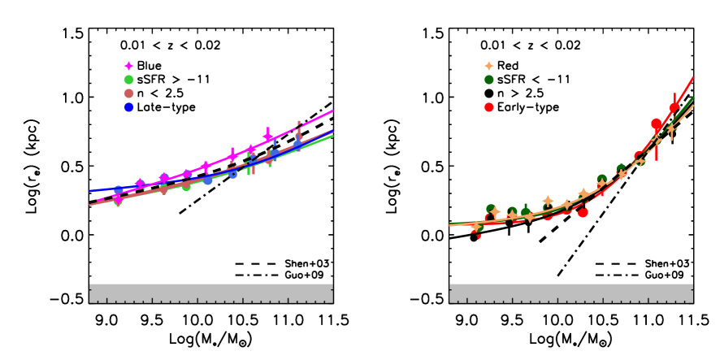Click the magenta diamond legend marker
pyautogui.click(x=128, y=66)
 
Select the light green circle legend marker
pyautogui.click(x=128, y=80)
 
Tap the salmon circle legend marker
pyautogui.click(x=128, y=93)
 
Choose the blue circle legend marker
pyautogui.click(x=128, y=107)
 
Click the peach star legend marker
pyautogui.click(x=488, y=66)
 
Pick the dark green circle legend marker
pyautogui.click(x=488, y=80)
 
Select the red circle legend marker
pyautogui.click(x=488, y=107)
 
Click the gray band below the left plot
pyautogui.click(x=210, y=293)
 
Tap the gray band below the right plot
pyautogui.click(x=570, y=293)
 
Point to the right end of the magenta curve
pyautogui.click(x=332, y=111)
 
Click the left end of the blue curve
pyautogui.click(x=90, y=191)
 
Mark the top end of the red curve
pyautogui.click(x=692, y=78)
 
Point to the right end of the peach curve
pyautogui.click(x=692, y=106)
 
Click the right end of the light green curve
pyautogui.click(x=332, y=136)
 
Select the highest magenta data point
pyautogui.click(x=267, y=137)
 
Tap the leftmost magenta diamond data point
pyautogui.click(x=116, y=197)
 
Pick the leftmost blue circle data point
pyautogui.click(x=119, y=191)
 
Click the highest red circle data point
pyautogui.click(x=674, y=107)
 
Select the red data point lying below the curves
pyautogui.click(x=583, y=213)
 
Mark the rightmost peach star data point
pyautogui.click(x=671, y=128)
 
